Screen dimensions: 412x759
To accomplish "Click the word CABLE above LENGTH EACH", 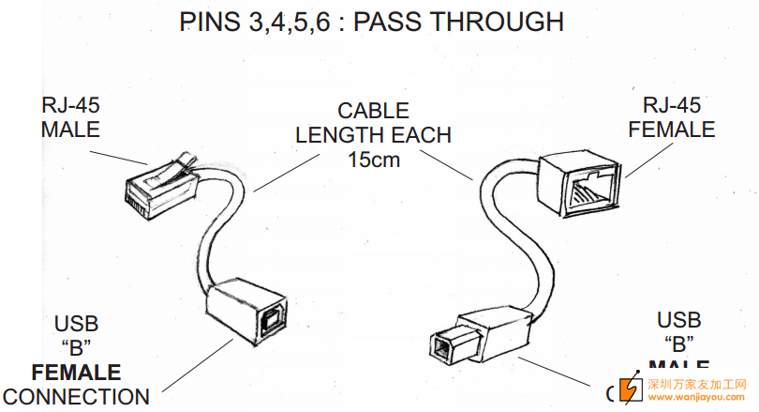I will coord(374,112).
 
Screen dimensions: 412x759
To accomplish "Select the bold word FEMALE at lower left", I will coord(76,373).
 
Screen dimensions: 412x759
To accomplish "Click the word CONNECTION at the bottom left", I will coord(76,397).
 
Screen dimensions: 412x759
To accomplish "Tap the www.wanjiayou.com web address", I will coord(696,397).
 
